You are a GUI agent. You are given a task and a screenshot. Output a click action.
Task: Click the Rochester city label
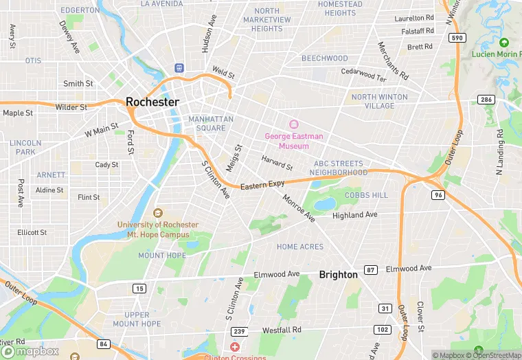click(152, 102)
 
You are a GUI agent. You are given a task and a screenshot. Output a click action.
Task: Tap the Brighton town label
click(338, 274)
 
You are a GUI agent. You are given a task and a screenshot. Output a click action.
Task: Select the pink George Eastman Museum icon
click(293, 124)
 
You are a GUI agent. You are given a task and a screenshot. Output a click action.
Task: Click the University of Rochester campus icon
click(158, 214)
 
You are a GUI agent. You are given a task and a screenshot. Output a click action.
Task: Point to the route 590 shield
click(457, 38)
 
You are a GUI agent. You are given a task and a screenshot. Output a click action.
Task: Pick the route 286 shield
click(486, 100)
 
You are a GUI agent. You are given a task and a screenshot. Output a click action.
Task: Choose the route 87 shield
click(370, 269)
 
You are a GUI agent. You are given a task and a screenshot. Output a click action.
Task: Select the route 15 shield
click(139, 289)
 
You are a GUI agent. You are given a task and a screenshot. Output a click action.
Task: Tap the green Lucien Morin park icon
click(503, 43)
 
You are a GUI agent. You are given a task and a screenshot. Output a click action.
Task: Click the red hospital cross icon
click(235, 348)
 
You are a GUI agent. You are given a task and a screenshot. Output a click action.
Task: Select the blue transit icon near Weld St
click(179, 67)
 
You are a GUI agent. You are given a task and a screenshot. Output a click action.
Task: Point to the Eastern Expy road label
click(262, 185)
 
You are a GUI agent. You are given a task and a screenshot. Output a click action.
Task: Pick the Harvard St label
click(277, 163)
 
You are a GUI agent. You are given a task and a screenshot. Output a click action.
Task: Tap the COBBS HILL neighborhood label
click(366, 195)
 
